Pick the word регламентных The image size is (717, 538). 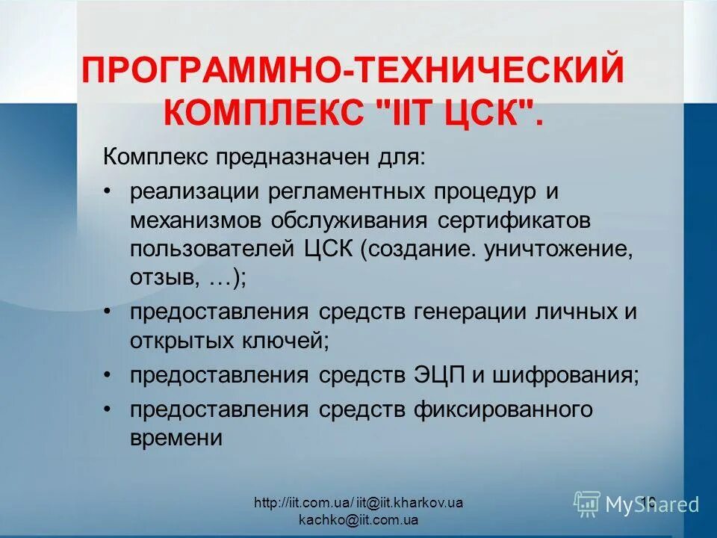tap(334, 191)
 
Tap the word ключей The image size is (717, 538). tap(285, 341)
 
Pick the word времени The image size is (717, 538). tap(176, 438)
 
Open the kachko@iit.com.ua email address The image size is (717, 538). tap(358, 519)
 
